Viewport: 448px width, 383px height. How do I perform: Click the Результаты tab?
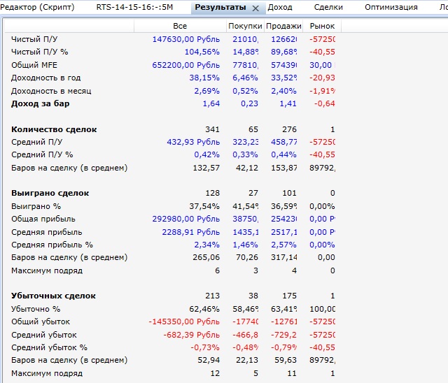coord(220,8)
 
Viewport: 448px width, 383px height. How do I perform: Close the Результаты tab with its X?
coord(255,8)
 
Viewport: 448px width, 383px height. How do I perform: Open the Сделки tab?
coord(328,8)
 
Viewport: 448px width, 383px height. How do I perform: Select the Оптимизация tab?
coord(391,8)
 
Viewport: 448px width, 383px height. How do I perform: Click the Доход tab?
coord(280,8)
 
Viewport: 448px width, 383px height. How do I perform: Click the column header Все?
coord(180,26)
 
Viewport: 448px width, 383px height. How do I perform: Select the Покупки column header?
coord(244,26)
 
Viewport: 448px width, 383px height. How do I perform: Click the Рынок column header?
coord(322,26)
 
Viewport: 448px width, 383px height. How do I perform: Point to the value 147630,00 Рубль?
coord(185,39)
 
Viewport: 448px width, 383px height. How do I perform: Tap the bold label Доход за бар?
coord(40,103)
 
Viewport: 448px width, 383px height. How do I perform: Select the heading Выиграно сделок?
coord(50,193)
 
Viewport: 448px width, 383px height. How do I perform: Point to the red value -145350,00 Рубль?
coord(184,321)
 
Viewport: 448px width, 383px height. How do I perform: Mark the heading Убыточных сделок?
coord(53,296)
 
